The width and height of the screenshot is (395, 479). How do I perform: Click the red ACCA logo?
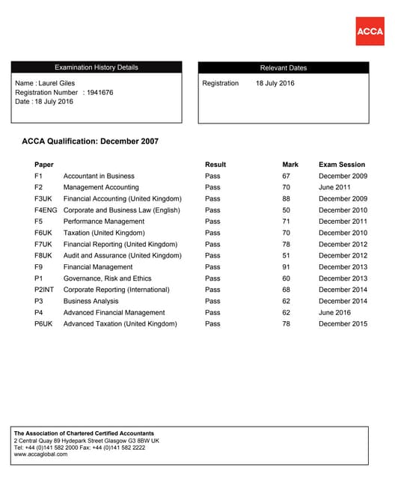[370, 31]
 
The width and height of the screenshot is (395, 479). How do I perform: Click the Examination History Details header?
[96, 67]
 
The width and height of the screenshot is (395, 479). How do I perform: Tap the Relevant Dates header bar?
[283, 67]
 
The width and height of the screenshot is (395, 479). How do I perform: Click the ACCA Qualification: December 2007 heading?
[90, 141]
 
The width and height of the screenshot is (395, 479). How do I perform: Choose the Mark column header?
[290, 165]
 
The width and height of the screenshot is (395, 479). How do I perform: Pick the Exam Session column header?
[342, 165]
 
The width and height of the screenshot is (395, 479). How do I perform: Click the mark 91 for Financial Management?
[286, 267]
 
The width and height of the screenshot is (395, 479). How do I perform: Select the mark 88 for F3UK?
[286, 199]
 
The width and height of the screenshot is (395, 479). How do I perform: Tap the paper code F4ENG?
[46, 210]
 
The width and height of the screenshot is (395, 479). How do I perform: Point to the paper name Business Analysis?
[91, 301]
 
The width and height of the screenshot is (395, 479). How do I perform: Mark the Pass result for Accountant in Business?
[212, 176]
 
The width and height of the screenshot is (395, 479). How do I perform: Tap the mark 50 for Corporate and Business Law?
[286, 210]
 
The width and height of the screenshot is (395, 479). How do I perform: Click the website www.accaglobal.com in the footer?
[41, 454]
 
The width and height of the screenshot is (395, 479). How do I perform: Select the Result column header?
[215, 165]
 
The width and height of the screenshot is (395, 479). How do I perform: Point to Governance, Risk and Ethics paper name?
[107, 278]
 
